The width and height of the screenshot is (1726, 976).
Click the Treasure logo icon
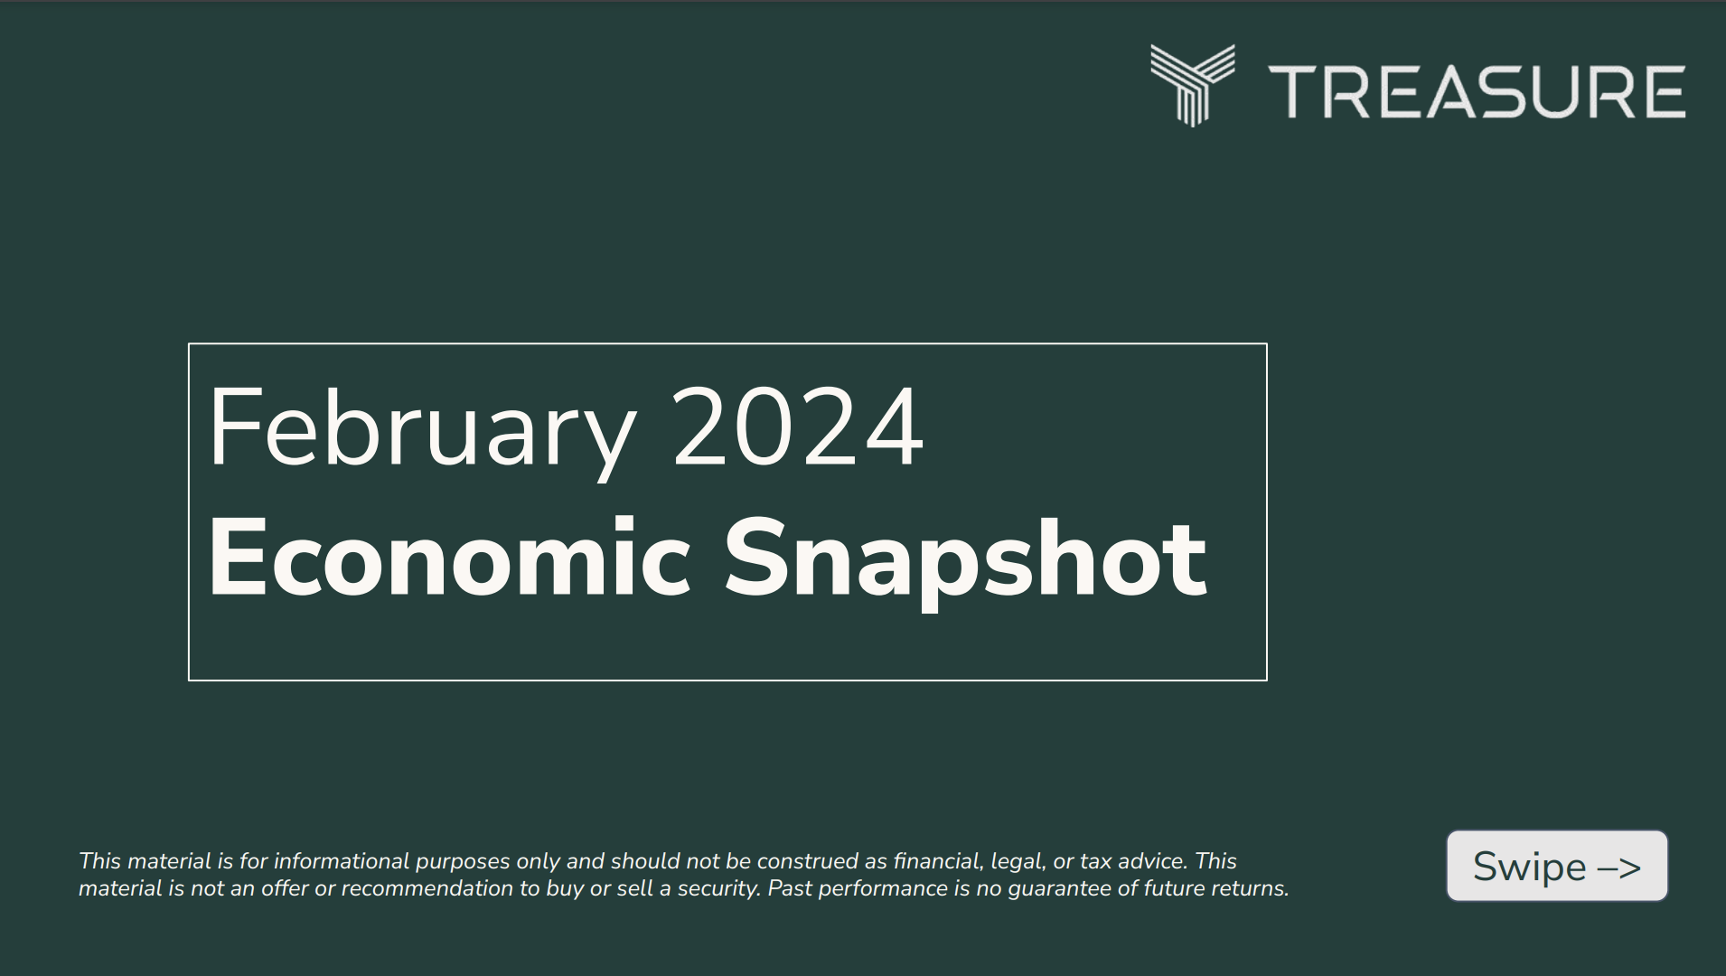(1192, 85)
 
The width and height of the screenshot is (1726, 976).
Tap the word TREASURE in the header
(1477, 91)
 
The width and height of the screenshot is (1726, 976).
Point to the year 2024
(798, 427)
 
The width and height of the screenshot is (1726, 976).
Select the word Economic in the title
(449, 558)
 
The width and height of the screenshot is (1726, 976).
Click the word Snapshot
(965, 558)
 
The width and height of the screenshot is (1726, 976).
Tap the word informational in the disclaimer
(341, 861)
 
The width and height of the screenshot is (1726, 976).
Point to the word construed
(807, 861)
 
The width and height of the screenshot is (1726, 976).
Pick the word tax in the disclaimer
(1095, 861)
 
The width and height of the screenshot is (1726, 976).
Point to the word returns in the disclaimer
(1250, 889)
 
